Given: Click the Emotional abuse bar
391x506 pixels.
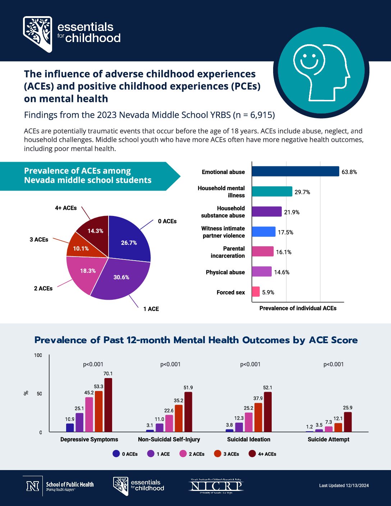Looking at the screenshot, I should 295,171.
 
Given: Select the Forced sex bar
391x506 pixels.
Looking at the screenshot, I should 256,292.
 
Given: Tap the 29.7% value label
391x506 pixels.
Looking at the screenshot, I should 302,192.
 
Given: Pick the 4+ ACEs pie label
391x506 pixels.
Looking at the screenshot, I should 66,208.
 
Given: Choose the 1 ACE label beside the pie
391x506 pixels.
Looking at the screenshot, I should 151,309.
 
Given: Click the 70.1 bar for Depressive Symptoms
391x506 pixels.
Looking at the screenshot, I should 108,405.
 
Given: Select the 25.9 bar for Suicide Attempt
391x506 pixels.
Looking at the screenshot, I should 348,422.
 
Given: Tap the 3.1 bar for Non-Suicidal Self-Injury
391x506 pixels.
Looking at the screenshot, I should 150,431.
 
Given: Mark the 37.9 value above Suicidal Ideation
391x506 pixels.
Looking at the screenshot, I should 258,399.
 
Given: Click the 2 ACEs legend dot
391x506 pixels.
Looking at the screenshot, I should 183,454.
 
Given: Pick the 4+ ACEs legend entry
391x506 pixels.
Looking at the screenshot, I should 263,454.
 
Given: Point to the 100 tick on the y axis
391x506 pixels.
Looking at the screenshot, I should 38,355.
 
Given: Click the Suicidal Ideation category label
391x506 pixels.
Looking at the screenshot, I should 249,440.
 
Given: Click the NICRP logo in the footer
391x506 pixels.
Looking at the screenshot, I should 216,486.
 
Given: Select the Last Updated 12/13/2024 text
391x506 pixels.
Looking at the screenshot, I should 344,486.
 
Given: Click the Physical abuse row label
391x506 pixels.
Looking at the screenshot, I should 225,272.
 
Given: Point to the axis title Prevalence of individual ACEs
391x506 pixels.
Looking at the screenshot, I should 298,308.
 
